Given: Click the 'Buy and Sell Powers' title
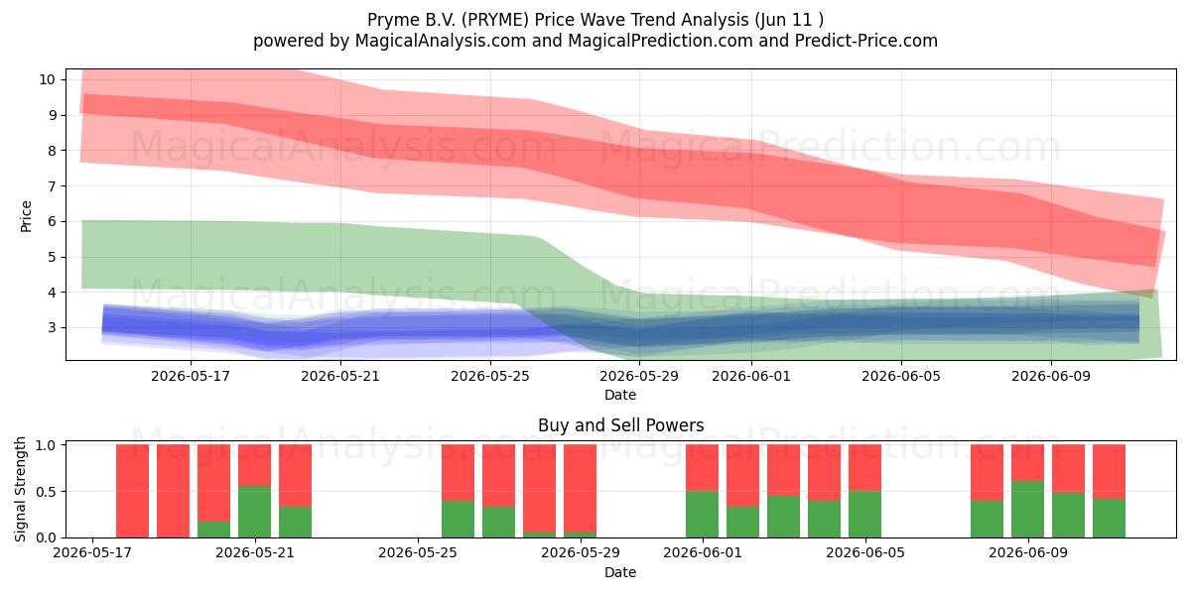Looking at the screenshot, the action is [x=620, y=425].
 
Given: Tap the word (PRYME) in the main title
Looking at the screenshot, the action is [x=495, y=20].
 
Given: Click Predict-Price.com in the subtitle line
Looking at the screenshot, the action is [x=866, y=41].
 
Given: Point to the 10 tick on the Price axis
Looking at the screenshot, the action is [x=47, y=79].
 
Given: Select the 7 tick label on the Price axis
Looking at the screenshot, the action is [x=52, y=186].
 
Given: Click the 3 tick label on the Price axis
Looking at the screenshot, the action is [x=52, y=327].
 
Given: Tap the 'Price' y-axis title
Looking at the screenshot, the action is [x=26, y=216].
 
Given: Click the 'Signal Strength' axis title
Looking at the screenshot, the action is [x=20, y=489].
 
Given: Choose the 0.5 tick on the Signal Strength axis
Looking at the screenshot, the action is [x=46, y=492].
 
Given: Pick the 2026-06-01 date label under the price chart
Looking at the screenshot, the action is [x=750, y=376].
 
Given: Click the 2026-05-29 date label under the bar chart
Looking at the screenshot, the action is [x=580, y=552].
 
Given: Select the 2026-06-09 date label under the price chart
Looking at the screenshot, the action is [x=1051, y=376].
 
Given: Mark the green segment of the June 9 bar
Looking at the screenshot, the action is [x=1027, y=509].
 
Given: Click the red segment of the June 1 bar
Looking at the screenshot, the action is [x=702, y=467].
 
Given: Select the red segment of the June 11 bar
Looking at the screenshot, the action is [x=1109, y=472].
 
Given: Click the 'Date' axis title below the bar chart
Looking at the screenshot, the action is [x=620, y=572].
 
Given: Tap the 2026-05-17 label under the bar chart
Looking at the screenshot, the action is [x=92, y=552].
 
